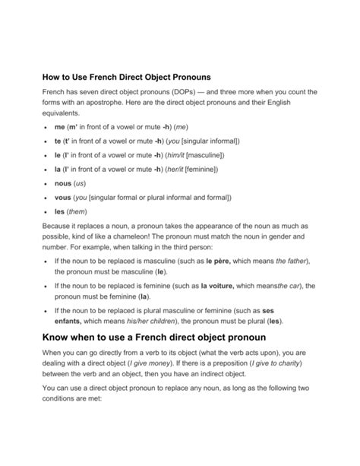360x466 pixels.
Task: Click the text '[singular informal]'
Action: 210,141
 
